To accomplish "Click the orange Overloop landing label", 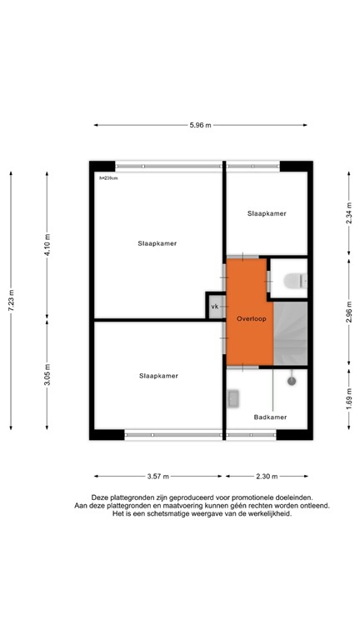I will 250,318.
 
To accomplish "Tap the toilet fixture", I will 292,281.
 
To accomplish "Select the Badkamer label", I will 271,417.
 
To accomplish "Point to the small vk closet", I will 215,307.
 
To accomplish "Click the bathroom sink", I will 233,399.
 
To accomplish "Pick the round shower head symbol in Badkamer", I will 292,381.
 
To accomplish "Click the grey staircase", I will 292,333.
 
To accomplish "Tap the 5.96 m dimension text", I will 200,125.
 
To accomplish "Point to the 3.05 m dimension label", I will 47,373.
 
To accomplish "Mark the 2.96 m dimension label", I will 347,310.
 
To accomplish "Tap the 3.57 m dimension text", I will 158,476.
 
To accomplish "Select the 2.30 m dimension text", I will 266,476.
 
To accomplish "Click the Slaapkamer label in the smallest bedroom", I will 267,214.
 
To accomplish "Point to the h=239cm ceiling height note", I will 108,177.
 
